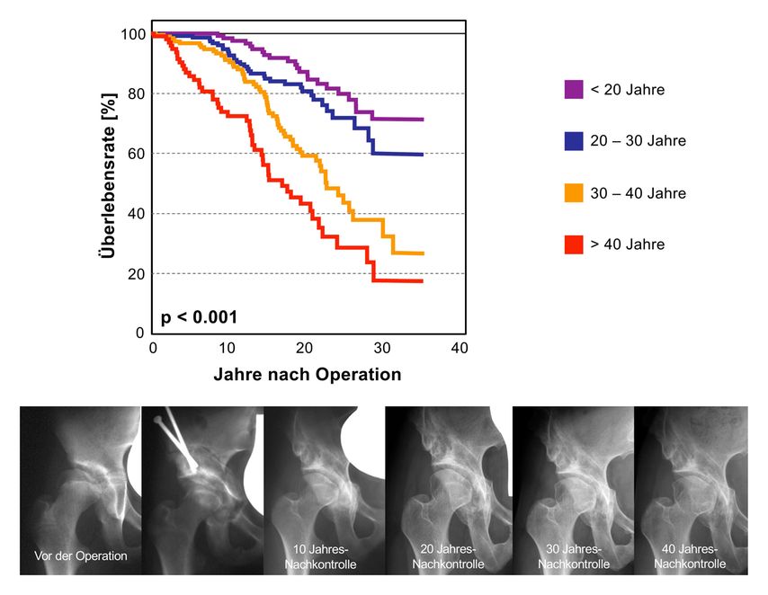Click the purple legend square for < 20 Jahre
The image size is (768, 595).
coord(574,90)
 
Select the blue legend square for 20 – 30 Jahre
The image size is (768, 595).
coord(574,141)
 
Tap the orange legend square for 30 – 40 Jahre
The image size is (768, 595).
coord(574,193)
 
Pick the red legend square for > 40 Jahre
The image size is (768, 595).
coord(574,244)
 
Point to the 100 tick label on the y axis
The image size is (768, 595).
coord(133,34)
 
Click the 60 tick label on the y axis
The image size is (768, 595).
coord(136,154)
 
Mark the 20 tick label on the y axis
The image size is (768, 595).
coord(136,274)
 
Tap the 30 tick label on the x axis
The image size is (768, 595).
coord(382,348)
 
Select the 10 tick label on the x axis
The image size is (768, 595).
coord(227,348)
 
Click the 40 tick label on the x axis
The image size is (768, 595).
coord(460,348)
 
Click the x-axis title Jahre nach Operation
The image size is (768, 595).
coord(307,375)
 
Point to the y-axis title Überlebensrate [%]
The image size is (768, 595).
coord(108,176)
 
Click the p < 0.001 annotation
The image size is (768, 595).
coord(199,317)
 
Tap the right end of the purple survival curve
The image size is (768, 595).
coord(423,120)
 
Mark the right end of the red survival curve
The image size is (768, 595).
coord(422,281)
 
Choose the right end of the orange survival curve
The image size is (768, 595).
coord(423,253)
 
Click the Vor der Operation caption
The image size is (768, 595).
coord(81,555)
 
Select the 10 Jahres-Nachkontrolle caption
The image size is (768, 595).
coord(320,556)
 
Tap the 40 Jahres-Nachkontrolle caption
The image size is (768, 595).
coord(690,556)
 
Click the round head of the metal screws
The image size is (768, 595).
coord(157,420)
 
